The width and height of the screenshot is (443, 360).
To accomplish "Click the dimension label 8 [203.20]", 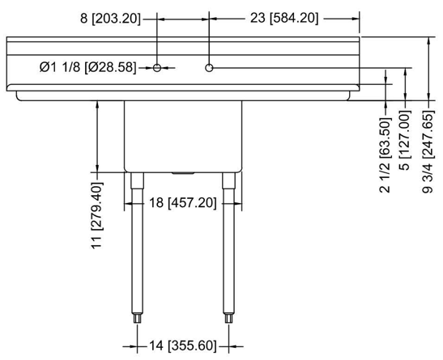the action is pos(110,19).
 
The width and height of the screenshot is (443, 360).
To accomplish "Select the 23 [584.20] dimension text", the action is pos(284,19).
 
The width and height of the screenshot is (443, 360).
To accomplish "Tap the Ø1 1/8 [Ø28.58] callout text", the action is pos(87,67).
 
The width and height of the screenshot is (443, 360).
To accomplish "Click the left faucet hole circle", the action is pos(157,68).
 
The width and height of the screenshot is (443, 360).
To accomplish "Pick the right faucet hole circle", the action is pos(209,68).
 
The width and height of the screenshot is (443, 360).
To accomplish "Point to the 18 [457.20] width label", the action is pos(183,203).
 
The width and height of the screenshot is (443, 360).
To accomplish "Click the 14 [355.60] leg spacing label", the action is pos(183,346).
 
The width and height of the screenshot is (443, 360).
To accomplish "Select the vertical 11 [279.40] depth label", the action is pos(97,215).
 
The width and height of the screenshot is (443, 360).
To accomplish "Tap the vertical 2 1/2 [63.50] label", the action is pos(385,155).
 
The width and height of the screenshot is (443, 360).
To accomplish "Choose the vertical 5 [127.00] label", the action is pos(405,141).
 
